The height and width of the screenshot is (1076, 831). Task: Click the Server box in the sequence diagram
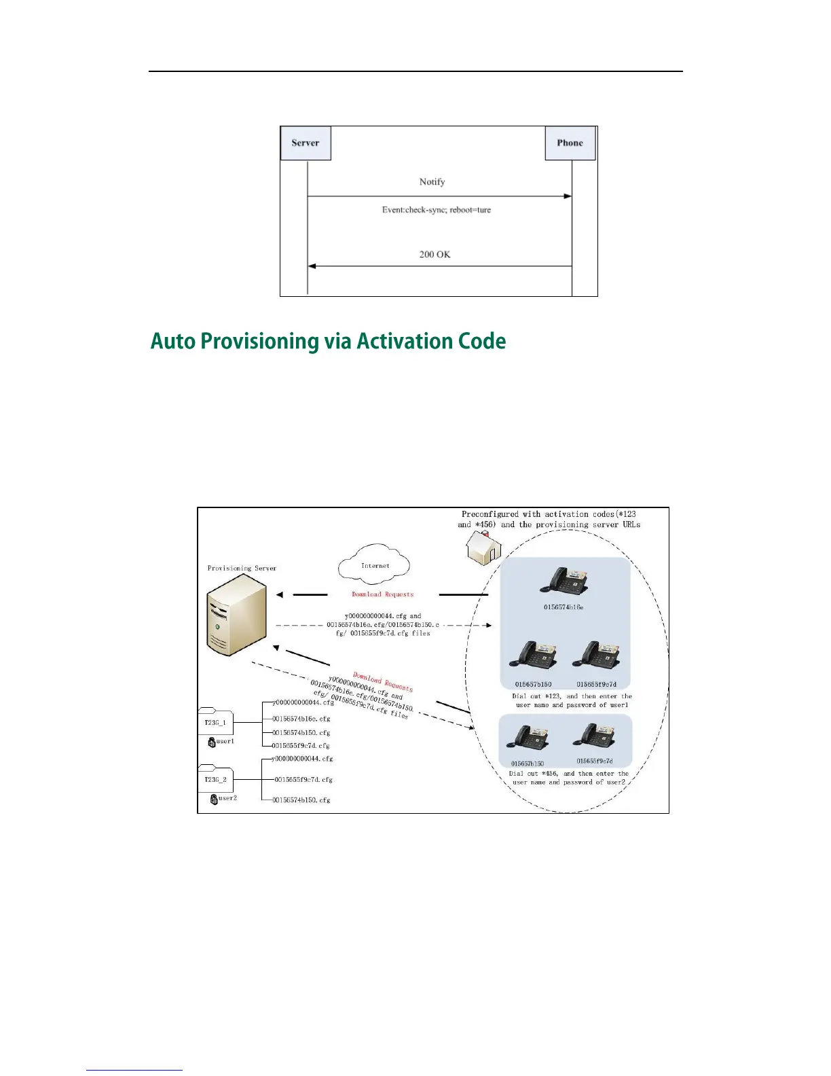coord(306,143)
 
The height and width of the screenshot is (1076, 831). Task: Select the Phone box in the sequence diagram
coord(570,143)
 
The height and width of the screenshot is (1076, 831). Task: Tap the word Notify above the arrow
coord(432,182)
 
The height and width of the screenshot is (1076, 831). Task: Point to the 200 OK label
coord(435,255)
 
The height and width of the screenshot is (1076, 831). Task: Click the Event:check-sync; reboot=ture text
coord(436,210)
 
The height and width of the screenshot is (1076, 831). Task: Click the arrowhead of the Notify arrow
coord(568,196)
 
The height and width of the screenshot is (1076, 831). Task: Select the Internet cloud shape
coord(374,564)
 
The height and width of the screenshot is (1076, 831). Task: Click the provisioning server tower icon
coord(236,615)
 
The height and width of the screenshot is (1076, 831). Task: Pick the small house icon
coord(483,548)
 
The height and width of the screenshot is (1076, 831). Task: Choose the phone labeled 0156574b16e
coord(564,581)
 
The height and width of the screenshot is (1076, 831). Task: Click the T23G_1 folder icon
coord(215,721)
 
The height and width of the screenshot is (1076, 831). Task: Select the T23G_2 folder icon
coord(215,778)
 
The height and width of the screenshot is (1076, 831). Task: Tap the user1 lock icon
coord(213,742)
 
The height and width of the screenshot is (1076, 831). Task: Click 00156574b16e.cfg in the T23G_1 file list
coord(301,719)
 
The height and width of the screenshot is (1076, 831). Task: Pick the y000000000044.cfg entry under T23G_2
coord(302,759)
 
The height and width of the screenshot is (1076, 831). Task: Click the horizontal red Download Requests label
coord(382,594)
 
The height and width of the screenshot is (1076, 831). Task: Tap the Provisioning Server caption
coord(242,569)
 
